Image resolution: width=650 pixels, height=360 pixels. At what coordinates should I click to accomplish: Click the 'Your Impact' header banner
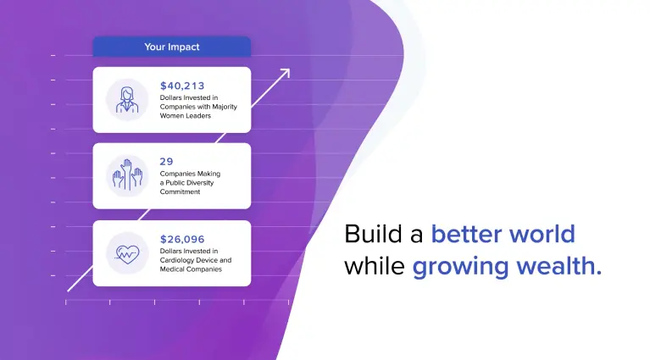(x=171, y=47)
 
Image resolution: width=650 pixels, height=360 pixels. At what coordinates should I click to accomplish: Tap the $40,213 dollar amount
(x=182, y=86)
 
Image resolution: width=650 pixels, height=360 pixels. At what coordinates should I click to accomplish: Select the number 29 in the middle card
(x=165, y=161)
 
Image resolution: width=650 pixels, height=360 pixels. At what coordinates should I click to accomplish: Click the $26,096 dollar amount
(x=182, y=240)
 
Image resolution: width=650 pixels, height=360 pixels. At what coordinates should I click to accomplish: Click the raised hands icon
(x=126, y=175)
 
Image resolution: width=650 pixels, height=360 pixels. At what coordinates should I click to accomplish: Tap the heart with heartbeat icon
(x=126, y=252)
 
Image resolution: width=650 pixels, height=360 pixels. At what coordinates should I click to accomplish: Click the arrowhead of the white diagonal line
(x=286, y=72)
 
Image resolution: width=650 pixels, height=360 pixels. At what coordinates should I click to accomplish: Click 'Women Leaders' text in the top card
(x=186, y=115)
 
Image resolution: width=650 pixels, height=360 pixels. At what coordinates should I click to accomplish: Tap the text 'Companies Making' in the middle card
(x=190, y=174)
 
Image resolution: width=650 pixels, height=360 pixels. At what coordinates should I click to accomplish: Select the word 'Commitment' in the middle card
(x=180, y=191)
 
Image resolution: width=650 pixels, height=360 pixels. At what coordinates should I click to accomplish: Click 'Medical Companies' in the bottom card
(x=191, y=269)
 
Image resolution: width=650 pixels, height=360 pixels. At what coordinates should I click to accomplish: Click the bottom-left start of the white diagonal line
(x=69, y=290)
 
